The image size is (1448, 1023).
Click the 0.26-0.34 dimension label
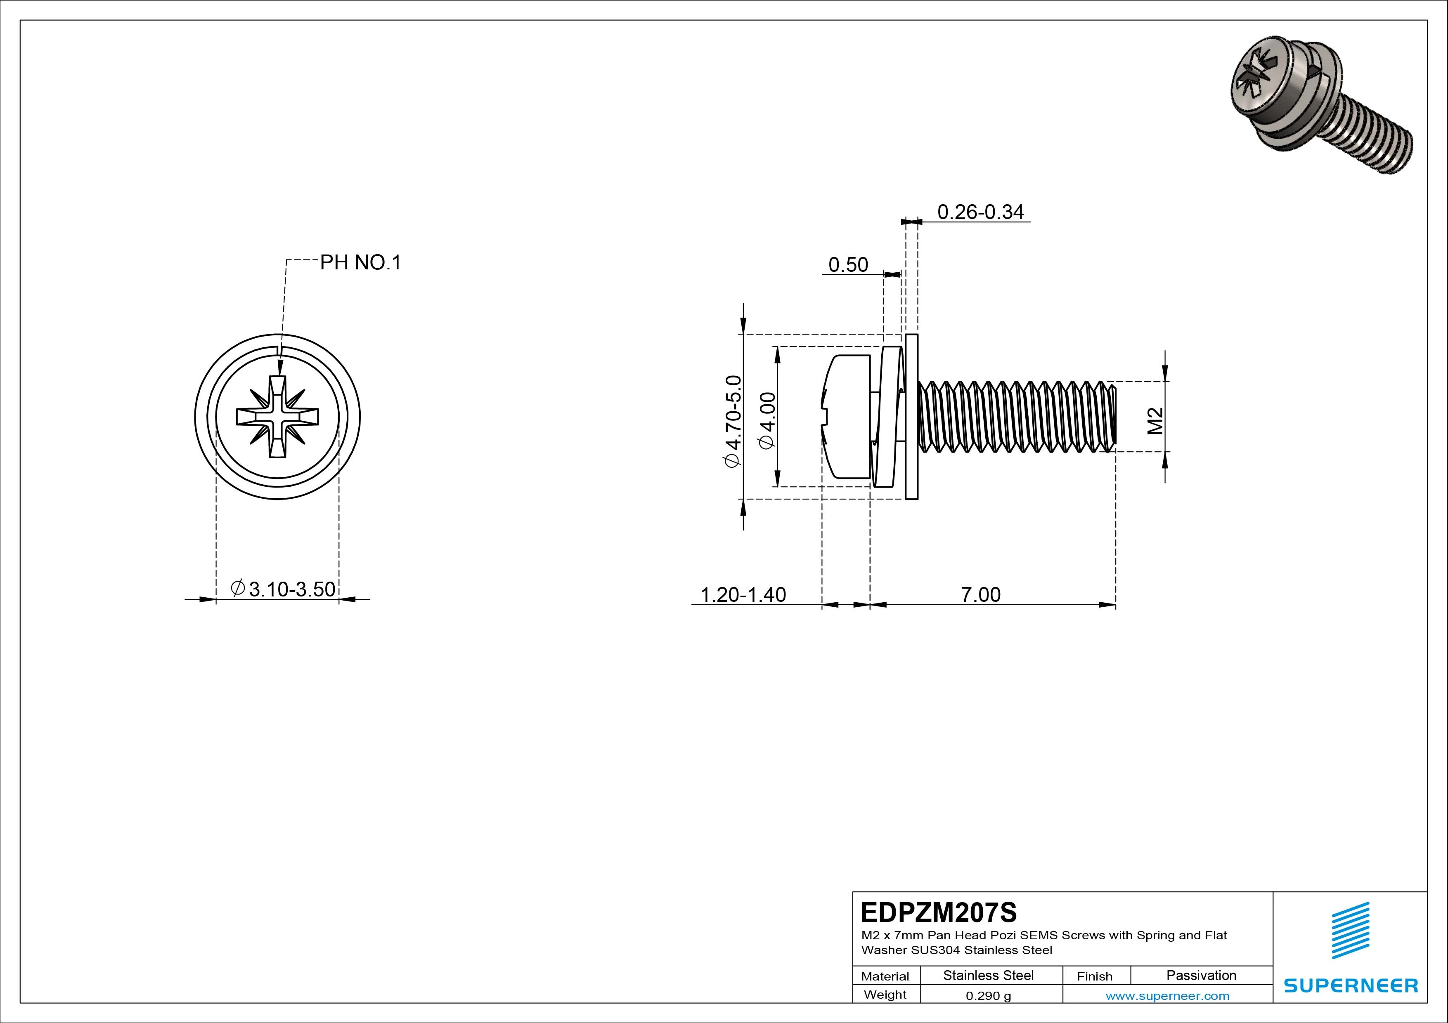coord(980,212)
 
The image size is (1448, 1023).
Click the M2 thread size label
coord(1155,421)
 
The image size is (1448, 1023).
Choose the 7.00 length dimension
coord(981,594)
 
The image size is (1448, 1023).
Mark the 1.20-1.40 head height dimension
coord(743,594)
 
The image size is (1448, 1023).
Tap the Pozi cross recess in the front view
coord(277,417)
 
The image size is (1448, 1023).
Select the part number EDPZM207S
coord(938,912)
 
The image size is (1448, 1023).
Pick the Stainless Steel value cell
coord(988,976)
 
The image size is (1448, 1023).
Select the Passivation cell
coord(1201,976)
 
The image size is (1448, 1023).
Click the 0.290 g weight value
coord(988,996)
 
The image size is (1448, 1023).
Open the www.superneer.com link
coord(1167,996)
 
